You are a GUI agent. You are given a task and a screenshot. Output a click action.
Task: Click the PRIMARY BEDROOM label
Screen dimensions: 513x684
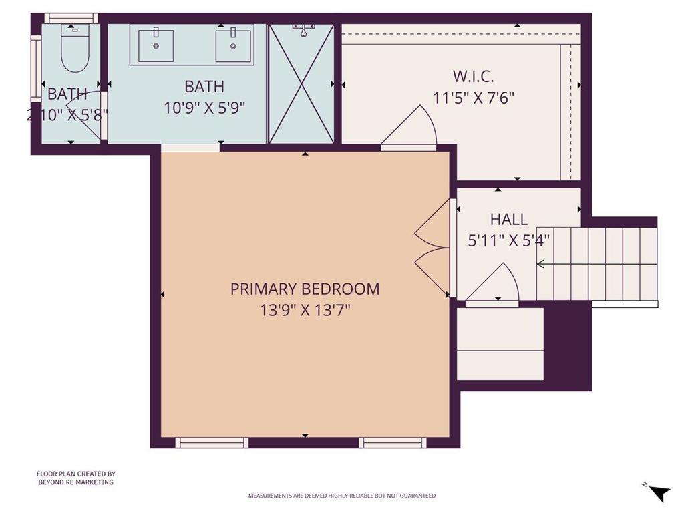[305, 289]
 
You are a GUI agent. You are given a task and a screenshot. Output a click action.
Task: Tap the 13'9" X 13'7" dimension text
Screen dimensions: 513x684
[305, 310]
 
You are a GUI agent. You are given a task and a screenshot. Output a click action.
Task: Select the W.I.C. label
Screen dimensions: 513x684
[473, 76]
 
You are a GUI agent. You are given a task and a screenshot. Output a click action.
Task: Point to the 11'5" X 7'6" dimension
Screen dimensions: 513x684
[473, 98]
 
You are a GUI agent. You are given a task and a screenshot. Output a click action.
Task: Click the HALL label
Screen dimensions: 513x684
[509, 219]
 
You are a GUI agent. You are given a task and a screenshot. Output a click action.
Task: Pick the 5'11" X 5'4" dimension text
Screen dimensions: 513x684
[509, 240]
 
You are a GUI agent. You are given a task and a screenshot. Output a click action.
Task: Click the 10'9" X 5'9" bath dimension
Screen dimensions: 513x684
[204, 108]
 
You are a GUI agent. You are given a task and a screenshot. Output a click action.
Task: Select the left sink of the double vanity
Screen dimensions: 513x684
[156, 44]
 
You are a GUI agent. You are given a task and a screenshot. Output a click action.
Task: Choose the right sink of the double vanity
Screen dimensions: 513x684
[233, 44]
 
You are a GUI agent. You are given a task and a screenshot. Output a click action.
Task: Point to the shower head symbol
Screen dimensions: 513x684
[304, 29]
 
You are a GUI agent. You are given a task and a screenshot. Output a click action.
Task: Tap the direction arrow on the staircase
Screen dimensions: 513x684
[541, 265]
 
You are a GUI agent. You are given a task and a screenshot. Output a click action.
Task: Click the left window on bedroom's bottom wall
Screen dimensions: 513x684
[212, 442]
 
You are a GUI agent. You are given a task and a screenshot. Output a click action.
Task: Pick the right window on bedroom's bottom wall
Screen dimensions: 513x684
[393, 442]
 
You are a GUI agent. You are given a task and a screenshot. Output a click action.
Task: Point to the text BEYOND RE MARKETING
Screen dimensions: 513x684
[75, 482]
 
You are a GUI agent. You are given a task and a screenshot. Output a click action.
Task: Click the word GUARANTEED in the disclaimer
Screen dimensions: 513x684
[417, 496]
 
